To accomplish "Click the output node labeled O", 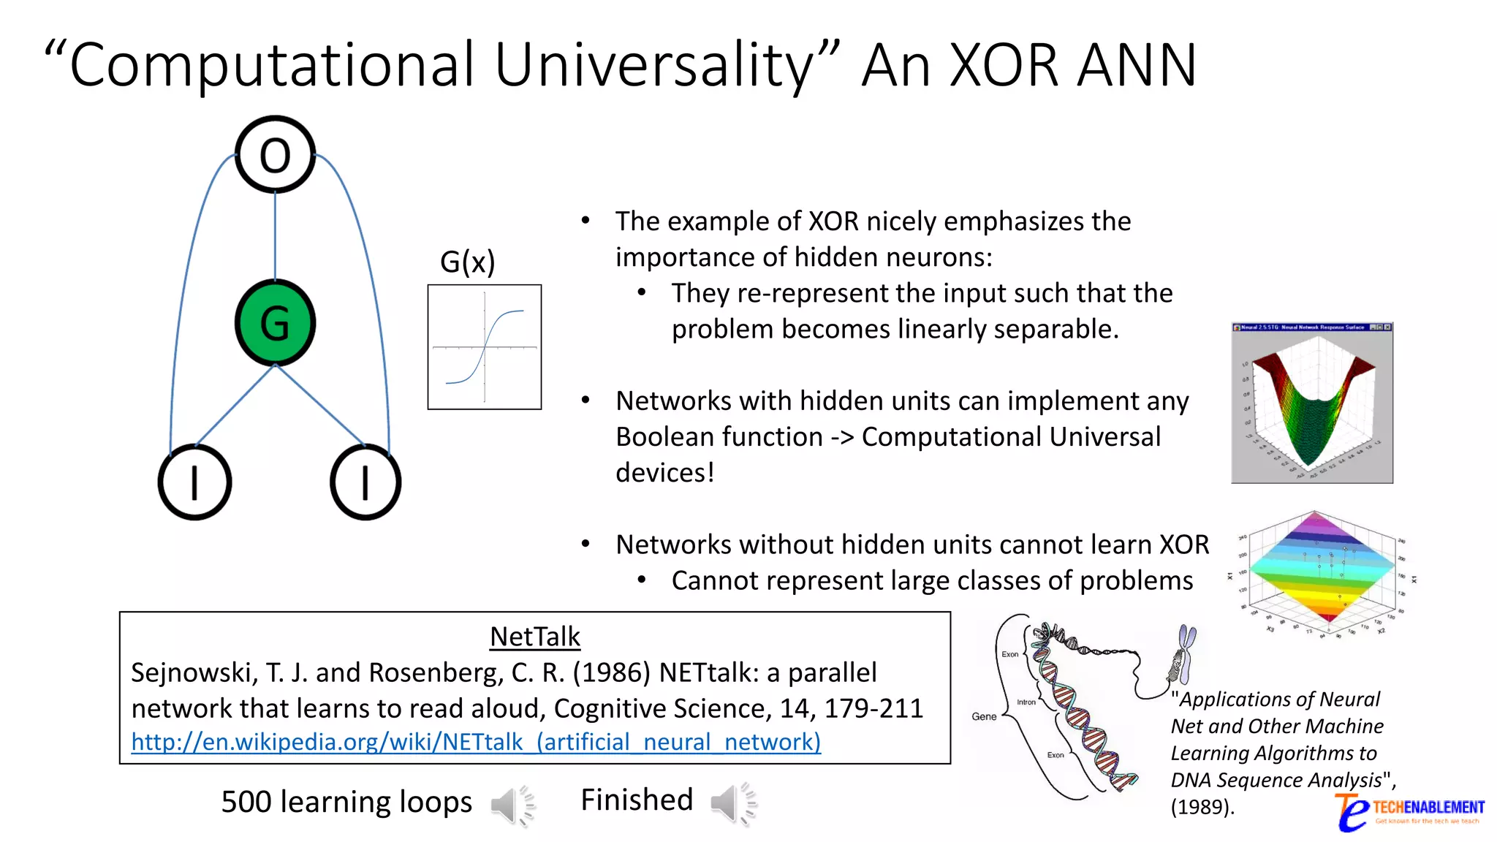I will [275, 155].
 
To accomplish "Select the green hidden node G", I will [275, 323].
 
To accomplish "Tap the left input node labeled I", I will [194, 482].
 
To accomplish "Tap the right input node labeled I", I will [365, 482].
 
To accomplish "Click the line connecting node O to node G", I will [275, 235].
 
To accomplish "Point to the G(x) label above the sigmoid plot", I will [467, 262].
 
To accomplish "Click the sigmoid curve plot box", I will [485, 347].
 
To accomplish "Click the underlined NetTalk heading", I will [534, 637].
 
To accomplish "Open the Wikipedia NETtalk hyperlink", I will [476, 742].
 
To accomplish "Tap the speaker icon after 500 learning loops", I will [513, 804].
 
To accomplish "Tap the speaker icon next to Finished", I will [734, 803].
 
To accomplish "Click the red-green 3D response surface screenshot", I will [1312, 403].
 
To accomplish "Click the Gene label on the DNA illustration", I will [984, 716].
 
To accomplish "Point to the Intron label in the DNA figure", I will [1026, 702].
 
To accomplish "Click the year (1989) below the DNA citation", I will [1202, 807].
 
